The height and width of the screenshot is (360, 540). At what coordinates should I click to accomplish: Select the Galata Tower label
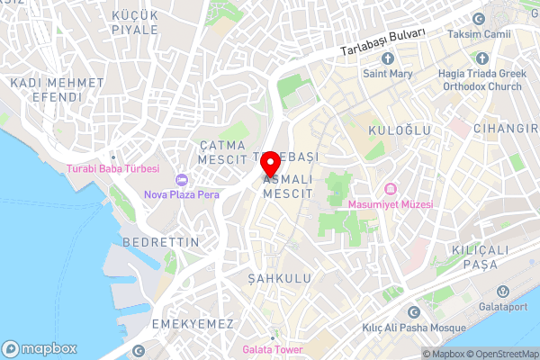pyautogui.click(x=272, y=349)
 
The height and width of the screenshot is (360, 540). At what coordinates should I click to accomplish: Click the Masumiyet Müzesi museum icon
pyautogui.click(x=391, y=188)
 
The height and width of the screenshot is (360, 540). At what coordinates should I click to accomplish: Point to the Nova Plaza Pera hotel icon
pyautogui.click(x=181, y=178)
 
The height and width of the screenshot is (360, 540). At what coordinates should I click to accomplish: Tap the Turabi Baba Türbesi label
pyautogui.click(x=113, y=168)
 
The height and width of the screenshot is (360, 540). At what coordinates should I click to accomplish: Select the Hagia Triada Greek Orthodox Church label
pyautogui.click(x=481, y=80)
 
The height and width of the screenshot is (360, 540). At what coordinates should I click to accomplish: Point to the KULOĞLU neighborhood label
pyautogui.click(x=398, y=130)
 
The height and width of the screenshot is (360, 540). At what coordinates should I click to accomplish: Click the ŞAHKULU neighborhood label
pyautogui.click(x=279, y=279)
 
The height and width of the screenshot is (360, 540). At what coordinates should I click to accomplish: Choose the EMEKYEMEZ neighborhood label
pyautogui.click(x=193, y=323)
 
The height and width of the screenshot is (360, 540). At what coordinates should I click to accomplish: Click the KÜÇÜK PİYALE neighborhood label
pyautogui.click(x=135, y=22)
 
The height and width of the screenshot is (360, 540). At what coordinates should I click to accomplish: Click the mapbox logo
pyautogui.click(x=40, y=348)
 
